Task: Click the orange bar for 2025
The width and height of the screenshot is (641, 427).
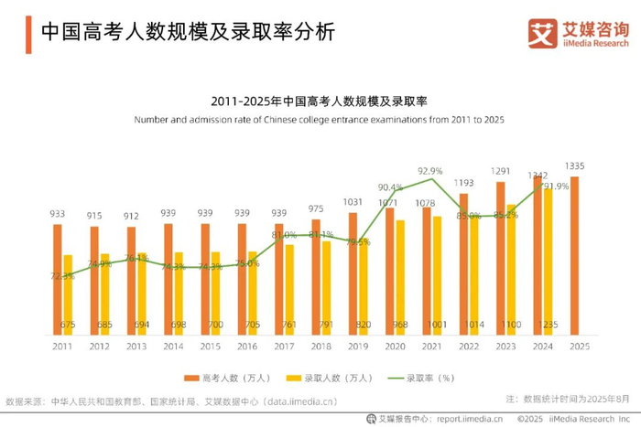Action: click(x=574, y=255)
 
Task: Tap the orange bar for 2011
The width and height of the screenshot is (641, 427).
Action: click(x=58, y=279)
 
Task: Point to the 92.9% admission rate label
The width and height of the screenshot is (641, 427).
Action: click(x=429, y=171)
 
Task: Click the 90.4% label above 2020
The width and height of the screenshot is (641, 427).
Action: click(x=390, y=187)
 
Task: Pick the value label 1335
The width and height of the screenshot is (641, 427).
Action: click(x=574, y=165)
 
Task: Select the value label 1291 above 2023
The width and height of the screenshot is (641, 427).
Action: click(x=500, y=171)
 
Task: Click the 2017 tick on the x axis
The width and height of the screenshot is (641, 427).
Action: click(x=284, y=347)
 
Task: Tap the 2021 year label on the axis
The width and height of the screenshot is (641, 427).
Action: click(x=431, y=347)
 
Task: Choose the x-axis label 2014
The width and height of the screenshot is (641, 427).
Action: click(x=173, y=347)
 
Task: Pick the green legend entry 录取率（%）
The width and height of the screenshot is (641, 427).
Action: click(x=421, y=378)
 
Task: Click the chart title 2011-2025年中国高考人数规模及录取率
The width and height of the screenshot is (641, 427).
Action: click(x=320, y=101)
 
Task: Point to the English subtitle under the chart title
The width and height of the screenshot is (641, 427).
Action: click(x=320, y=120)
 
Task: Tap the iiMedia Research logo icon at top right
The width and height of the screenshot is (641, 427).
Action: click(x=542, y=34)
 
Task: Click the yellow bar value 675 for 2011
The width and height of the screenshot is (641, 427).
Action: click(x=68, y=325)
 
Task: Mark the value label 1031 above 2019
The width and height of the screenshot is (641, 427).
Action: click(x=353, y=201)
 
